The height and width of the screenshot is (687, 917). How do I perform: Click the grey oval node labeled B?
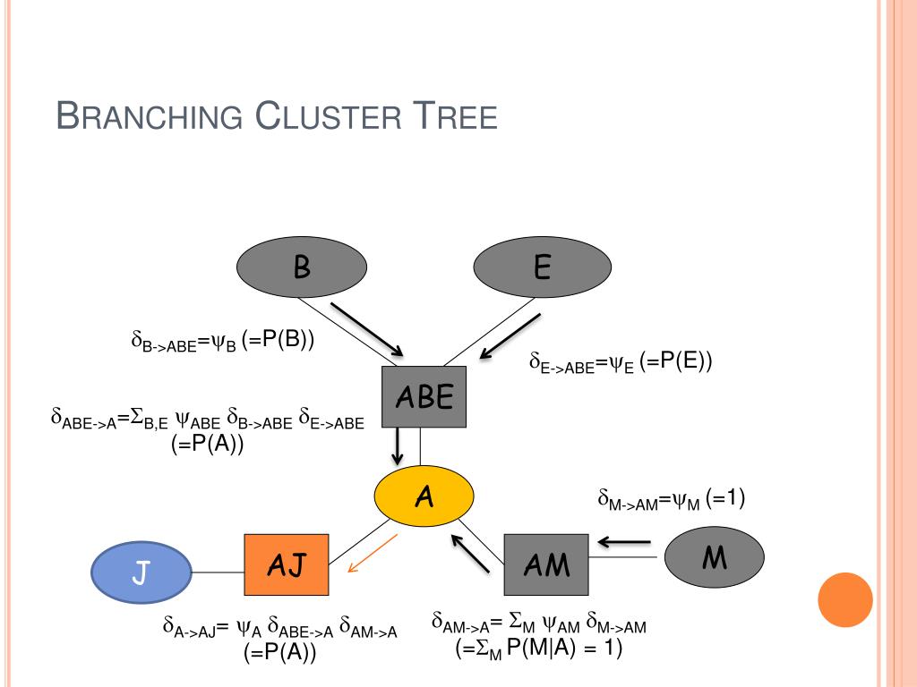pyautogui.click(x=302, y=267)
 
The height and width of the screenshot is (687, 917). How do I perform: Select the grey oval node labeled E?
pyautogui.click(x=542, y=267)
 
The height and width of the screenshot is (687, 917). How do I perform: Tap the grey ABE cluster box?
pyautogui.click(x=424, y=396)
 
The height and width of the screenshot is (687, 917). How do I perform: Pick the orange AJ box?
pyautogui.click(x=287, y=565)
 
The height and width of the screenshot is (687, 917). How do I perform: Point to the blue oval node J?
pyautogui.click(x=141, y=572)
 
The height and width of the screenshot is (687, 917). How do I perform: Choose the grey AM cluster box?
pyautogui.click(x=546, y=565)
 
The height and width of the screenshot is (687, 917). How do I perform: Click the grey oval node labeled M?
pyautogui.click(x=714, y=557)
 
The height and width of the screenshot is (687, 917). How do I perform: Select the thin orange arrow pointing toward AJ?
pyautogui.click(x=373, y=553)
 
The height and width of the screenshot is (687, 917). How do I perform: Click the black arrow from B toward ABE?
pyautogui.click(x=367, y=329)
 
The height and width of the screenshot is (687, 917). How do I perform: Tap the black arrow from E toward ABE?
pyautogui.click(x=510, y=336)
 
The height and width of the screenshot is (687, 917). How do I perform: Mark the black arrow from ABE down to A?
pyautogui.click(x=398, y=446)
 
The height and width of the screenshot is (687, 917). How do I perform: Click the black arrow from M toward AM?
pyautogui.click(x=624, y=542)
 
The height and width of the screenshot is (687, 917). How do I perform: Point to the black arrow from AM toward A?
pyautogui.click(x=470, y=553)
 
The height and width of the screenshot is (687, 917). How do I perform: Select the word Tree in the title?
pyautogui.click(x=455, y=115)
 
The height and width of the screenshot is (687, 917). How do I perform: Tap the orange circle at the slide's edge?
pyautogui.click(x=845, y=600)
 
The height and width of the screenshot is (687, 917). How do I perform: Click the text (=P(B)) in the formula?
pyautogui.click(x=278, y=339)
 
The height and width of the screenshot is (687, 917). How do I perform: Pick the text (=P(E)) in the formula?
pyautogui.click(x=675, y=361)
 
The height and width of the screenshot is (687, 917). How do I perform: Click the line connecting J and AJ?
pyautogui.click(x=219, y=572)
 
